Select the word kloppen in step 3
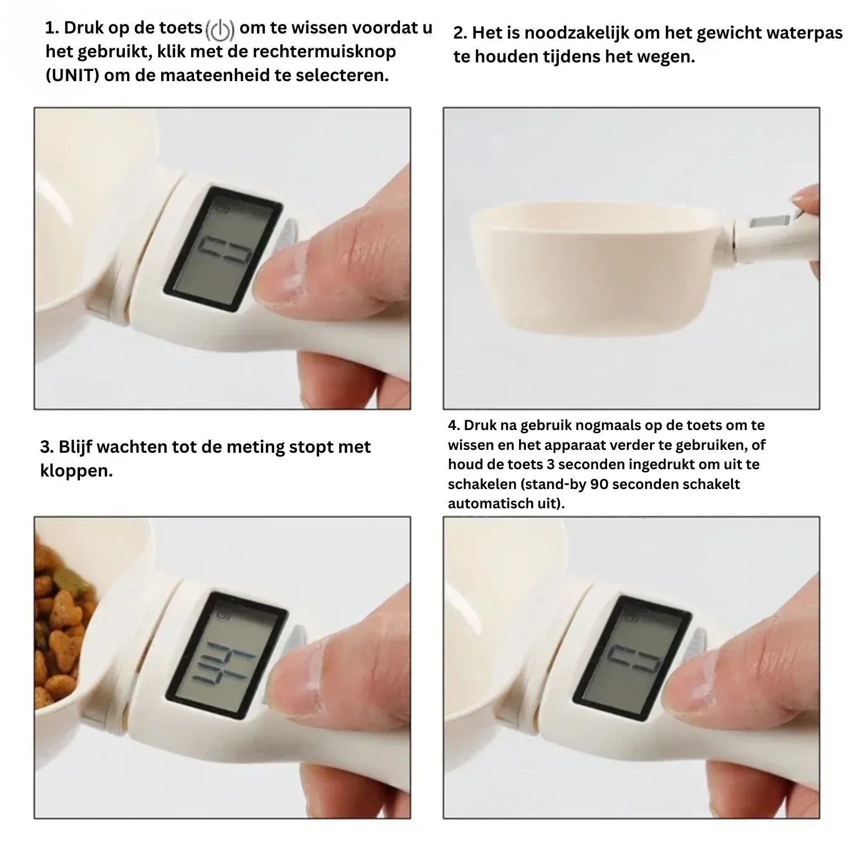click(x=76, y=471)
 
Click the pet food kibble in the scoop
click(x=62, y=624)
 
